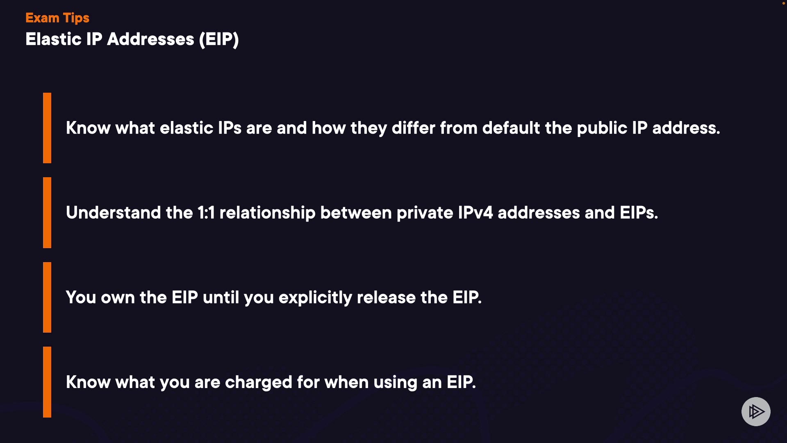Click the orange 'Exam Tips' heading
click(57, 18)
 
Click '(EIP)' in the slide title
click(219, 40)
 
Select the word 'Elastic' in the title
click(54, 39)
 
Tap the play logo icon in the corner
click(756, 411)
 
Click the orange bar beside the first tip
click(47, 128)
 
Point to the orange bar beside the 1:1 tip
click(47, 212)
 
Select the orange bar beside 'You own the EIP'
click(47, 297)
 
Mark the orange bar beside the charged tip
click(47, 382)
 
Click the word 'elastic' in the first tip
click(187, 128)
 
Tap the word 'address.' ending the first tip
click(686, 128)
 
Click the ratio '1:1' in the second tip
click(206, 213)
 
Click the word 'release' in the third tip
click(386, 298)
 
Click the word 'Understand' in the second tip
click(113, 213)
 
